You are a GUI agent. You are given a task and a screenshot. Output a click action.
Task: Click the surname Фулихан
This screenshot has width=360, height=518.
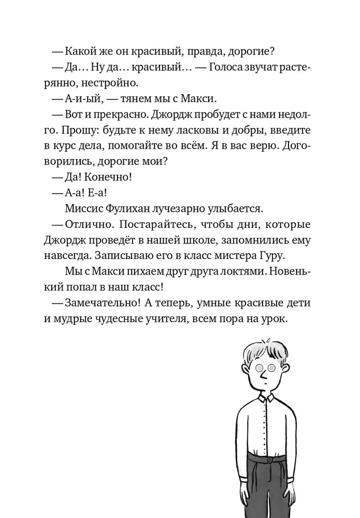tap(132, 208)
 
